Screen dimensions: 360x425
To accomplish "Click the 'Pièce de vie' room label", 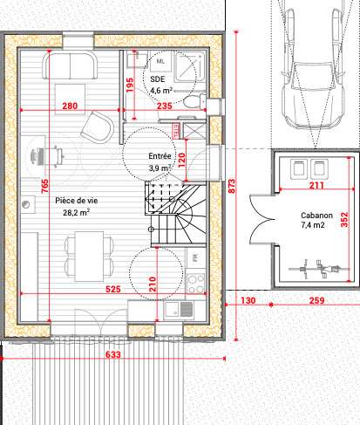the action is pos(77,201).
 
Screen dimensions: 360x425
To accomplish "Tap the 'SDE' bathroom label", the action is pos(158,79).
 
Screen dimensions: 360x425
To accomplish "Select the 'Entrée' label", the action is pos(160,156).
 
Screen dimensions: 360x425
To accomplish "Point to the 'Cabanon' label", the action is pos(316,216).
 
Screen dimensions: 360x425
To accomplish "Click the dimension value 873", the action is pos(232,186).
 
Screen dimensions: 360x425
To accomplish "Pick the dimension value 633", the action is pos(112,354).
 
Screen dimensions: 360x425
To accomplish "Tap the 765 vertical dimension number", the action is pos(44,186).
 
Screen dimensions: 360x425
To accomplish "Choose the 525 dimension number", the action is pos(113,289).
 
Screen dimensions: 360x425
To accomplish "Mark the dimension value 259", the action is pos(316,300).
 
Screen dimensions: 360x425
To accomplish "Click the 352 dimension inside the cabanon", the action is pos(344,220).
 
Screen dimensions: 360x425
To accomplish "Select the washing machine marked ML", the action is pos(160,61).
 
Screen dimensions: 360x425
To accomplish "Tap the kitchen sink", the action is pos(179,309).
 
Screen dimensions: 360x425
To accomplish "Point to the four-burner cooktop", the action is pos(195,283).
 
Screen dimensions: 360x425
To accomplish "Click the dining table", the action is pos(89,257).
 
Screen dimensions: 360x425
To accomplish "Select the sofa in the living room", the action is pos(70,65).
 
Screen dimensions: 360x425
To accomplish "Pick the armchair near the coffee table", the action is pos(98,127).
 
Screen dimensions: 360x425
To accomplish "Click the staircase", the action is pos(175,213).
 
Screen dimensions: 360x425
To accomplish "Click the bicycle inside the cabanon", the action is pos(319,269).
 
